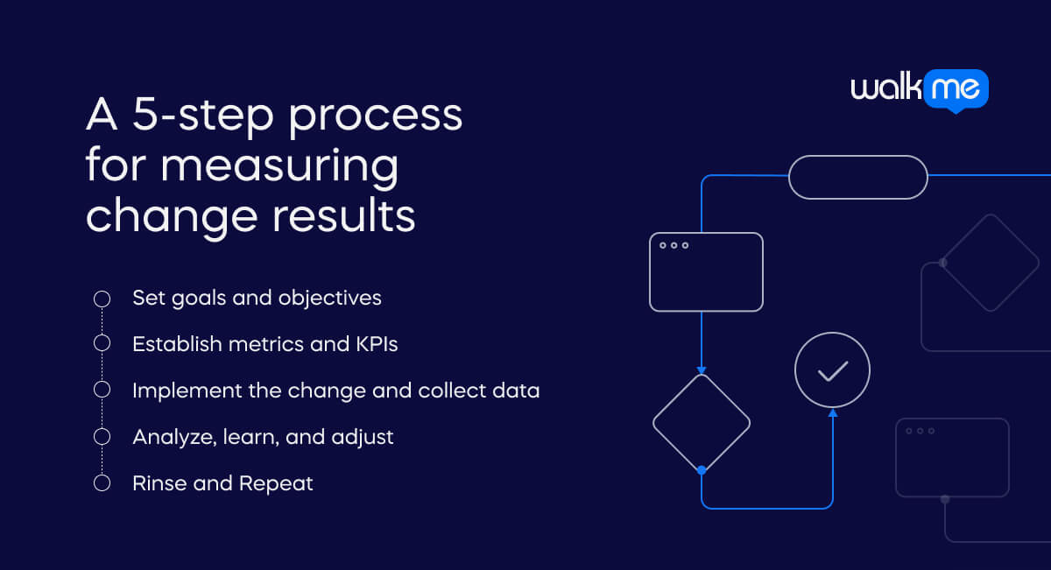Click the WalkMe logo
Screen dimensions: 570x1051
920,90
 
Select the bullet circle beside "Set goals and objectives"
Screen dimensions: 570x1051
102,299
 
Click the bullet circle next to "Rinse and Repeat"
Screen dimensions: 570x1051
102,483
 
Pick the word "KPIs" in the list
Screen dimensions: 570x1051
377,344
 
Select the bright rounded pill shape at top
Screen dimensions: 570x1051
857,177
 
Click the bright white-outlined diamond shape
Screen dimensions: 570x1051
702,423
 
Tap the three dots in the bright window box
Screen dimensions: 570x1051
674,245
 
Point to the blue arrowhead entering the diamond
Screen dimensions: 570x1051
702,369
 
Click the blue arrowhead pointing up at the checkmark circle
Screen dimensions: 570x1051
832,412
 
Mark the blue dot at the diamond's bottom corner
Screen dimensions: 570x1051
702,471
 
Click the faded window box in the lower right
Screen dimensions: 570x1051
952,457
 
